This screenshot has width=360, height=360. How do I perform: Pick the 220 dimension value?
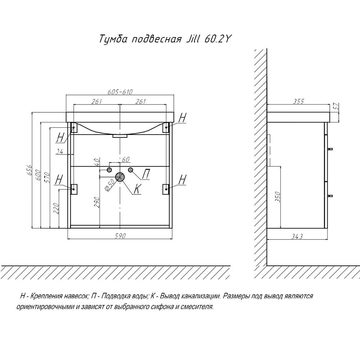55,208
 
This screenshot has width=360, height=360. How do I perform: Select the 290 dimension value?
96,202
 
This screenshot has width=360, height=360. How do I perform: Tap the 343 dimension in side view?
297,236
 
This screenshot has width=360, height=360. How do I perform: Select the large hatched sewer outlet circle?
120,177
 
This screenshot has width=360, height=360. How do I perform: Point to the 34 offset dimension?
60,152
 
